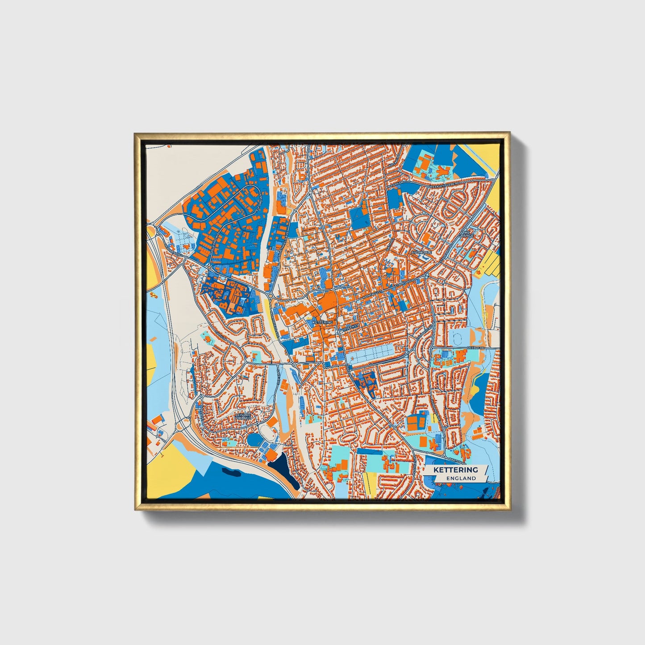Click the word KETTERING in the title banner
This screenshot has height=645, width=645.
[455, 470]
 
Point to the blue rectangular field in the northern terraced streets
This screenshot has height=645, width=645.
[358, 217]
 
